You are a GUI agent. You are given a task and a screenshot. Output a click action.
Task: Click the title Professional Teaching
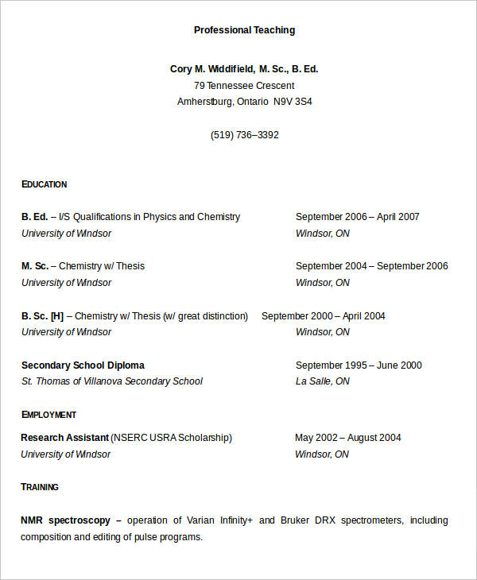(x=244, y=30)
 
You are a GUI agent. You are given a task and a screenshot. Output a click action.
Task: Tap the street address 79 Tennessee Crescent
(x=244, y=86)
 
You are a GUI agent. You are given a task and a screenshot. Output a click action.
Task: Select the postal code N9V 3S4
(x=293, y=102)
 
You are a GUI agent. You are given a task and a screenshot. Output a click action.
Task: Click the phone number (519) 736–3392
(x=244, y=135)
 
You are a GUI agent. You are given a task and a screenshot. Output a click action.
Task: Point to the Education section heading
(x=45, y=184)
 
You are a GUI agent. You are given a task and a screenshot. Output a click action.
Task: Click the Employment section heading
(x=48, y=415)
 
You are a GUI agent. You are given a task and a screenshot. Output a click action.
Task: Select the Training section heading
(x=40, y=487)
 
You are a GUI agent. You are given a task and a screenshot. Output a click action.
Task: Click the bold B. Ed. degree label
(x=34, y=217)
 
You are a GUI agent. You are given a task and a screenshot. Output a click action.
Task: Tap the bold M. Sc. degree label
(x=35, y=266)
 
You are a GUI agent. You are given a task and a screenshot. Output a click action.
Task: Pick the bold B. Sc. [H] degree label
(x=42, y=316)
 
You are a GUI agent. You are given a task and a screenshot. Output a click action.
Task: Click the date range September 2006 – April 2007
(x=357, y=217)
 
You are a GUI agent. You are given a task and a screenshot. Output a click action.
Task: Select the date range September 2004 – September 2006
(x=371, y=266)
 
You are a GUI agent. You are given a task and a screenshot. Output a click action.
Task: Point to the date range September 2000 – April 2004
(x=323, y=316)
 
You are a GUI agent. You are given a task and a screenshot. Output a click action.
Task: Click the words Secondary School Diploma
(x=83, y=365)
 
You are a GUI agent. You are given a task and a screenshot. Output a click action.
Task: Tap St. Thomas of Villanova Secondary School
(x=111, y=381)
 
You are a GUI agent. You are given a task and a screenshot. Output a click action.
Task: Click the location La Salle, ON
(x=322, y=381)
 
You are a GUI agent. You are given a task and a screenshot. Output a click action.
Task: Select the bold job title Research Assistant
(x=64, y=438)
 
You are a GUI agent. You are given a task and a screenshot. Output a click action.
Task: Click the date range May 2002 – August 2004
(x=347, y=438)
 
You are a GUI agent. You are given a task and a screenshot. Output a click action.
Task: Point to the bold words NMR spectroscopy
(x=65, y=520)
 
